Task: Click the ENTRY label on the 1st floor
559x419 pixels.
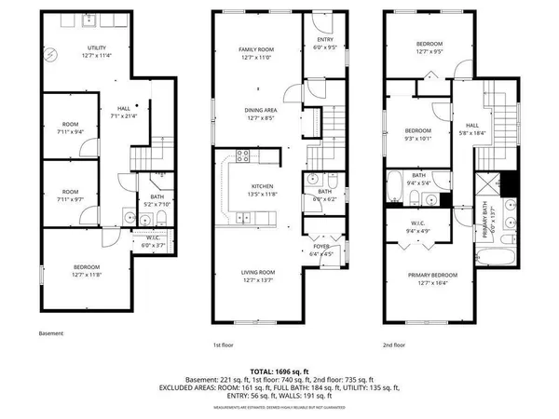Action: point(324,39)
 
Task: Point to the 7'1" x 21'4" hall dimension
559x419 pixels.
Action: point(124,115)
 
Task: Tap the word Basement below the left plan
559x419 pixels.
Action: point(51,332)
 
